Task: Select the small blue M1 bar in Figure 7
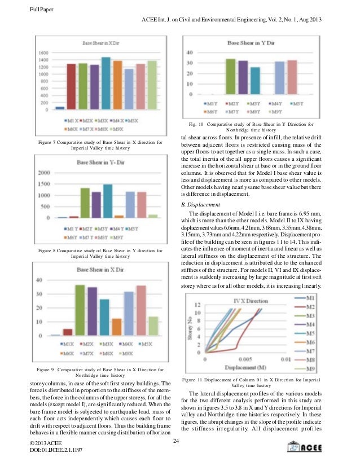click(x=59, y=108)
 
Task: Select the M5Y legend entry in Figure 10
click(x=297, y=104)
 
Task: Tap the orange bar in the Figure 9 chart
click(x=117, y=327)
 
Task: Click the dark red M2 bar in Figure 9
click(x=68, y=332)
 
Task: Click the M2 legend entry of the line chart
click(x=305, y=306)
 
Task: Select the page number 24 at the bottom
click(x=177, y=441)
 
